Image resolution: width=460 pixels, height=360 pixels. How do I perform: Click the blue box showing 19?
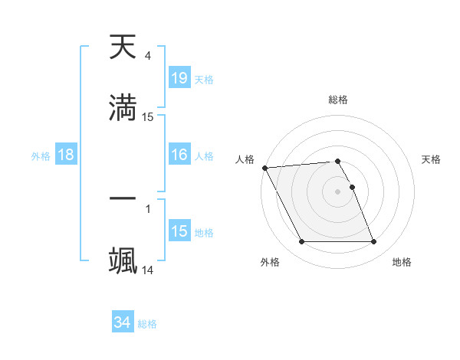click(179, 78)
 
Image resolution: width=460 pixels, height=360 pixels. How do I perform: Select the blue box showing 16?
click(179, 155)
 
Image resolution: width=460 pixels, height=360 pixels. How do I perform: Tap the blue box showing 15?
click(179, 231)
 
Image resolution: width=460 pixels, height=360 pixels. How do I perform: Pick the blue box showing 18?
click(66, 155)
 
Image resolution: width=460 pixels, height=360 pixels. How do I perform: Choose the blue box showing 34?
click(123, 323)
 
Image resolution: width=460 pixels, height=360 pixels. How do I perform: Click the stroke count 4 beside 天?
click(147, 56)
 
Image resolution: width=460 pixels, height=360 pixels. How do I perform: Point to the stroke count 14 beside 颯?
click(148, 270)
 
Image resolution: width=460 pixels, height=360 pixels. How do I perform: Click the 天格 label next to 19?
click(204, 80)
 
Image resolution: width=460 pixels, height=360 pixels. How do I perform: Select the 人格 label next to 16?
click(204, 156)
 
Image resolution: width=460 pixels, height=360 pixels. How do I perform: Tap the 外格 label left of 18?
click(41, 156)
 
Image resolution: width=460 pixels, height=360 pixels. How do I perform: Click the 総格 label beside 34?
click(147, 324)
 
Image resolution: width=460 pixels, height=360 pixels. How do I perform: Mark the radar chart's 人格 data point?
click(264, 168)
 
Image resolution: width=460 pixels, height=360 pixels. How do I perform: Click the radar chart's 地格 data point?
click(373, 242)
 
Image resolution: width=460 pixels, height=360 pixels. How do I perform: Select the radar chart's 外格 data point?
click(302, 242)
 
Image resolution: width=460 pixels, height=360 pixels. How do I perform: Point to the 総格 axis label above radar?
click(338, 100)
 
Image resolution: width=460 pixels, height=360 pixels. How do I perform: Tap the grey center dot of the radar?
click(338, 191)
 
